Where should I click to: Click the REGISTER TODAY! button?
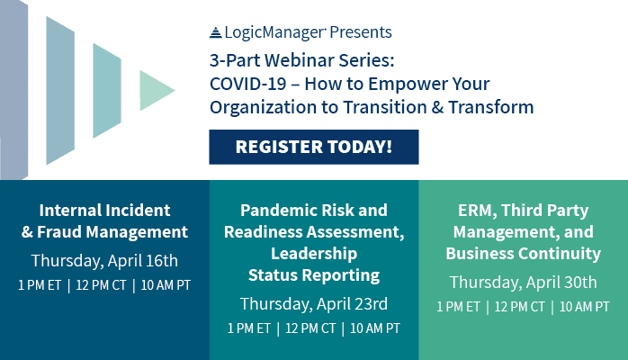[314, 147]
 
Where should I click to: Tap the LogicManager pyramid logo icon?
[215, 32]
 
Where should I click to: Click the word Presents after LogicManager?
[361, 32]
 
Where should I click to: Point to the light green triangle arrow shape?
[157, 91]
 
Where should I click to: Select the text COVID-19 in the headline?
[248, 84]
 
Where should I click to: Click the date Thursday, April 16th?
[104, 261]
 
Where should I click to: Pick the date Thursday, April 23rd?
[314, 304]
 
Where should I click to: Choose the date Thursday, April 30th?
[523, 283]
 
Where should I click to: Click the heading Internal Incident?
[104, 211]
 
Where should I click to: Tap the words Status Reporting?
[314, 275]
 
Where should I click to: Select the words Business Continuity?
[523, 254]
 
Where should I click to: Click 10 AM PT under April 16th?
[166, 285]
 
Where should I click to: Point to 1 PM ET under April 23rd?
[248, 328]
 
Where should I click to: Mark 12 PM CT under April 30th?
[519, 307]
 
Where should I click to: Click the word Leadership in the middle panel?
[314, 254]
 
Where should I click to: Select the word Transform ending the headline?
[491, 107]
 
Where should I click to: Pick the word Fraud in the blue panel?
[59, 232]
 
